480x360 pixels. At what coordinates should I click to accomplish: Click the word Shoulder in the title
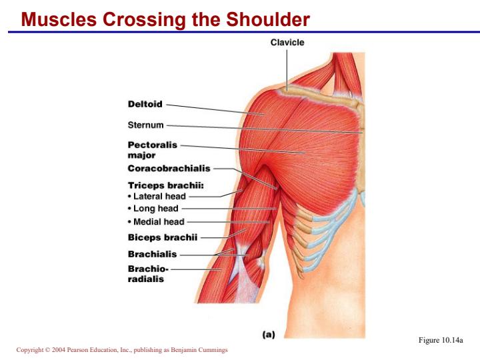coord(268,19)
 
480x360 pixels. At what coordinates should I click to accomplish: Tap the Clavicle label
coord(287,42)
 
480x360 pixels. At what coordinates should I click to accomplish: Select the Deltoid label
coord(145,104)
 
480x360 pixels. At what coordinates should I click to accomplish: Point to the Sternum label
coord(146,125)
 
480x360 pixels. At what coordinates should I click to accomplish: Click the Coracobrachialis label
coord(169,169)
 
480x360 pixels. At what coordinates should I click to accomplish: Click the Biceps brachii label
coord(163,237)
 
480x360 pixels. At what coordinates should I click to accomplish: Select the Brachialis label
coord(152,254)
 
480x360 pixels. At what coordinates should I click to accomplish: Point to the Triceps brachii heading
coord(165,185)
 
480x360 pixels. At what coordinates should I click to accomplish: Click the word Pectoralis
coord(153,145)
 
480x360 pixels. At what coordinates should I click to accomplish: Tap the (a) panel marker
coord(269,335)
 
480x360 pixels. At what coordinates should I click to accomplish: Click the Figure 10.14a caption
coord(441,340)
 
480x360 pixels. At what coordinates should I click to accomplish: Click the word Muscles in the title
coord(59,19)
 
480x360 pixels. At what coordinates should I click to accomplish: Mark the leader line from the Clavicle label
coord(287,70)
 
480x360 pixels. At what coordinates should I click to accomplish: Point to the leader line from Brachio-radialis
coord(196,269)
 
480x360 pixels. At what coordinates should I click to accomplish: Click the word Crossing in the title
coord(144,20)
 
